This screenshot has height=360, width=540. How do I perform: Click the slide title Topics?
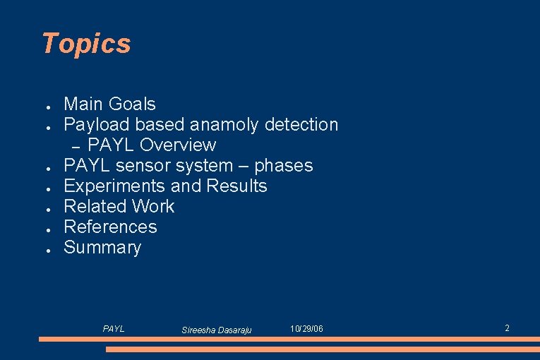coord(86,44)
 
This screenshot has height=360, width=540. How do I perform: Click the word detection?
coord(301,125)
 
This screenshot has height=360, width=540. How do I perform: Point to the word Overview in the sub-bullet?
coord(178,145)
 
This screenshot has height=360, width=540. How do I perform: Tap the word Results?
coord(236,186)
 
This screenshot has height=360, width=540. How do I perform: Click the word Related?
coord(92,207)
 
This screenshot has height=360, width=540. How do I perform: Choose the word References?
coord(110,227)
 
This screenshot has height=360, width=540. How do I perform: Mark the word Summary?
coord(102,248)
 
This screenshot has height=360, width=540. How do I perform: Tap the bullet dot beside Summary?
coord(44,250)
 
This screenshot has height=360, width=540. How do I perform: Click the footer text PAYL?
coord(114,329)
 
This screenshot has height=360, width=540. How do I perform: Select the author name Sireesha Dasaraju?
coord(217,330)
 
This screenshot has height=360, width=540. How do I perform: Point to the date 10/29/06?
coord(307,329)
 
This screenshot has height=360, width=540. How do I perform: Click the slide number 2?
coord(507,328)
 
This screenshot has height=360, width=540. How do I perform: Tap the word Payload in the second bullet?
coord(97,125)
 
